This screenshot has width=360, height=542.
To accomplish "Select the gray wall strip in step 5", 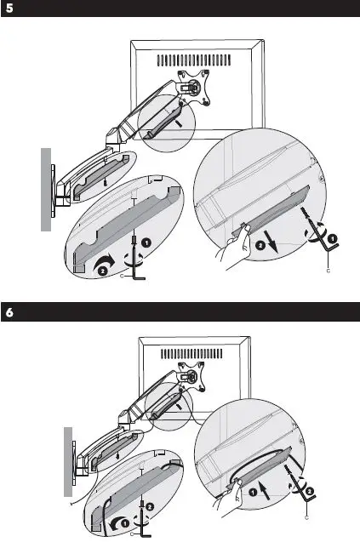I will (x=46, y=188).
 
